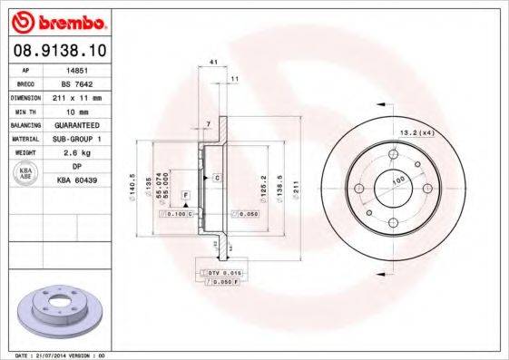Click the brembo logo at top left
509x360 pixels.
(59, 20)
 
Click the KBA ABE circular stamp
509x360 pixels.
(26, 173)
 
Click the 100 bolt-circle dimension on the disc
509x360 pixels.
(396, 181)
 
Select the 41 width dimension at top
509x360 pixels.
(213, 62)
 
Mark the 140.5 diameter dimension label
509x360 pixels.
(133, 185)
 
